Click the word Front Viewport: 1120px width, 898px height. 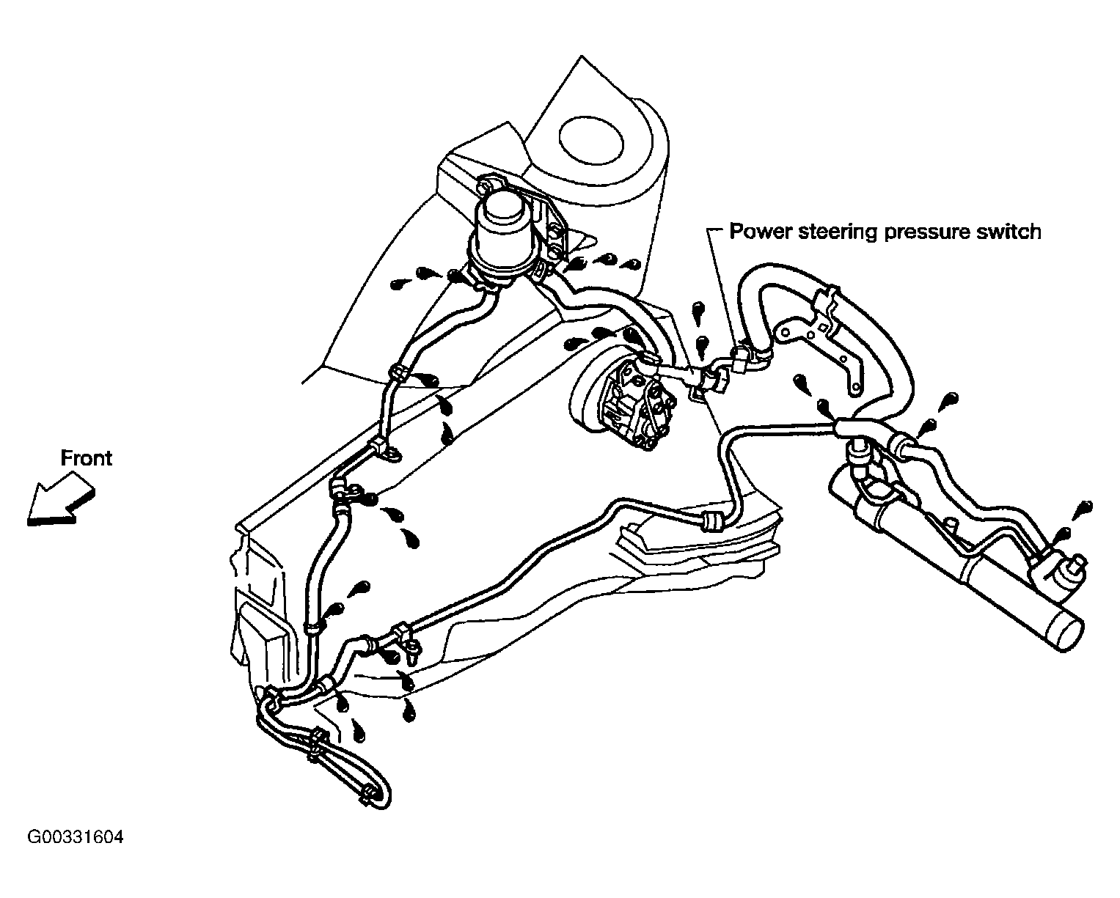(87, 458)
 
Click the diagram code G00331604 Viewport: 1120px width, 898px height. (76, 837)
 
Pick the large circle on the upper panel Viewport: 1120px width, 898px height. (591, 137)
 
